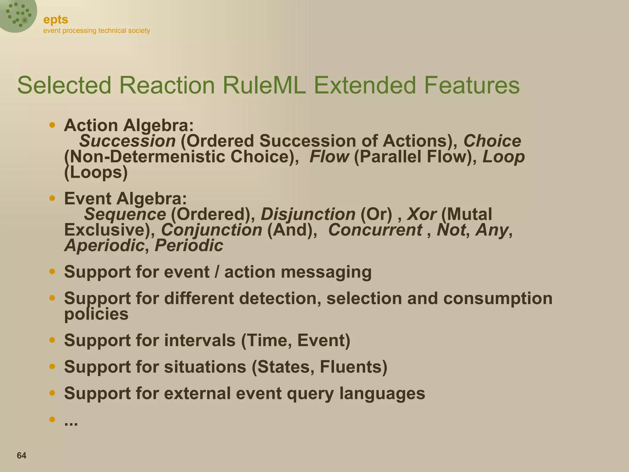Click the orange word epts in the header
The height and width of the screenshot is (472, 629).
56,20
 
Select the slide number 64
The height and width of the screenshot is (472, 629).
21,455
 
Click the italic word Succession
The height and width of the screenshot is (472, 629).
127,141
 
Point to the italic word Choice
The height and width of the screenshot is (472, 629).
492,141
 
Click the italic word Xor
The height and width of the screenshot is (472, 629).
421,214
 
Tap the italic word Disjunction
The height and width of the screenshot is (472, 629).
308,214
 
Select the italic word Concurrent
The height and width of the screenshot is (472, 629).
375,230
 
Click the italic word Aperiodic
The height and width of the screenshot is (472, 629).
104,246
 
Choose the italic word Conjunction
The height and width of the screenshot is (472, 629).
212,230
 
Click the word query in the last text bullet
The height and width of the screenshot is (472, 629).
310,393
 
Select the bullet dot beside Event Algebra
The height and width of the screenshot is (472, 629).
52,198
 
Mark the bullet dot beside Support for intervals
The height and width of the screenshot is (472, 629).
52,340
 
